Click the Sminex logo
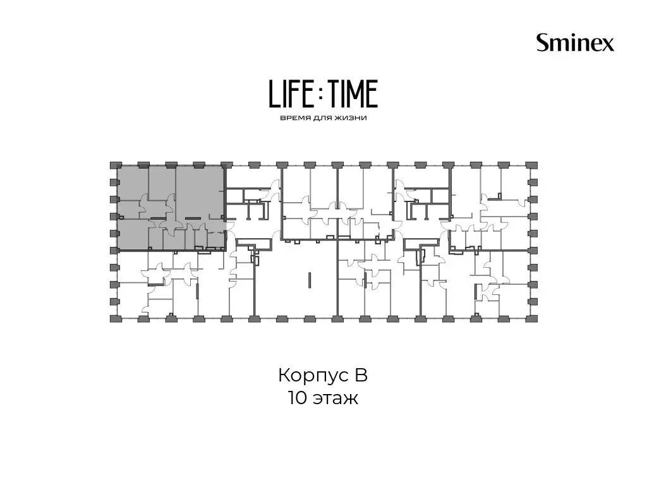pos(575,42)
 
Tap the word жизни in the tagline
pos(352,118)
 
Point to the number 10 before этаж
pos(297,398)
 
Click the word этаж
pos(336,400)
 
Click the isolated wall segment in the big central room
pos(309,280)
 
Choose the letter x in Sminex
pos(608,45)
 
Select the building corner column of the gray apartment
pos(114,165)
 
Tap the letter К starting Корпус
pos(285,375)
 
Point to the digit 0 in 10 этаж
pos(300,398)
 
